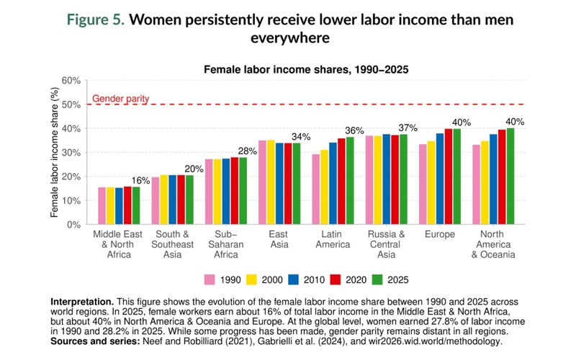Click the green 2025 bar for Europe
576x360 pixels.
tap(456, 176)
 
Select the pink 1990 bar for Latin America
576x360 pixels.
tap(315, 189)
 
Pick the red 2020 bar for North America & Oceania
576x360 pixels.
tap(502, 177)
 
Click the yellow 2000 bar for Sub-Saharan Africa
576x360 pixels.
tap(217, 192)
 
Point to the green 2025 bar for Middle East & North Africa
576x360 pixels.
tap(136, 205)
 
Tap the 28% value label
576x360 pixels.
tap(247, 150)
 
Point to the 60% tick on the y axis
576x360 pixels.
tap(69, 81)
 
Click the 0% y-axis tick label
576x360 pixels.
tap(72, 225)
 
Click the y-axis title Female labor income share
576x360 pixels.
tap(54, 153)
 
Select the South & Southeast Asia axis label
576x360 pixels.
tap(172, 244)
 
